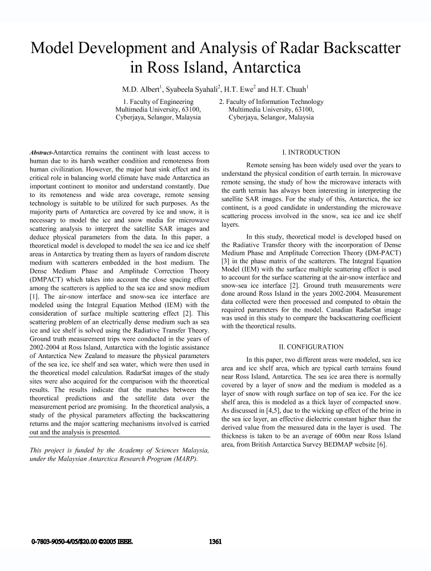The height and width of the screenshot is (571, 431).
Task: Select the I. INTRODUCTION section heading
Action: [x=311, y=152]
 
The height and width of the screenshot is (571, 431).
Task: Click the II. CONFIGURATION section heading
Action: [x=311, y=347]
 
